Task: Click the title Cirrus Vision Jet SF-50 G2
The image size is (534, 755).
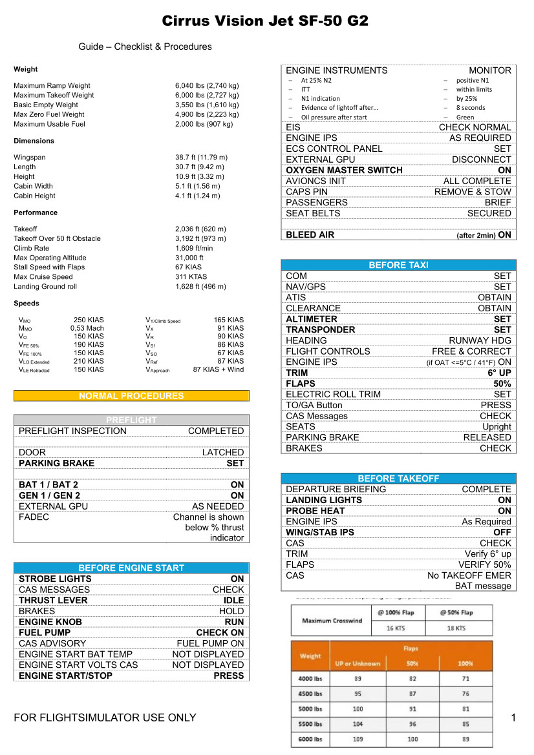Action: pyautogui.click(x=266, y=21)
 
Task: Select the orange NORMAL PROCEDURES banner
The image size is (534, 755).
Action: pyautogui.click(x=131, y=396)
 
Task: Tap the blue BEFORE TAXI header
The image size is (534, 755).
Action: pyautogui.click(x=398, y=265)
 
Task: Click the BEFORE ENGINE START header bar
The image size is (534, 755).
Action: pyautogui.click(x=131, y=568)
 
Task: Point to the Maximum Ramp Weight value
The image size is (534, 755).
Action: pyautogui.click(x=207, y=85)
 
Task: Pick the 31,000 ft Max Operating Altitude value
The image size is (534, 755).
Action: pyautogui.click(x=189, y=258)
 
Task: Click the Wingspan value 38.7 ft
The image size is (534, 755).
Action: pyautogui.click(x=201, y=157)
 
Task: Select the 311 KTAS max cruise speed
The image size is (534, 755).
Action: pyautogui.click(x=191, y=277)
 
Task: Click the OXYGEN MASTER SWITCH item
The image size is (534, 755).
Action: pyautogui.click(x=344, y=171)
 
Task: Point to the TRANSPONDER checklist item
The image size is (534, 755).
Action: pyautogui.click(x=321, y=330)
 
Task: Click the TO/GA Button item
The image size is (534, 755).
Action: pyautogui.click(x=314, y=406)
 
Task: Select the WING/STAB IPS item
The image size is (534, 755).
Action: pyautogui.click(x=320, y=533)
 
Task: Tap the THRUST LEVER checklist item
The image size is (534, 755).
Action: pyautogui.click(x=53, y=601)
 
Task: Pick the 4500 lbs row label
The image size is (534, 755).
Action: pyautogui.click(x=310, y=694)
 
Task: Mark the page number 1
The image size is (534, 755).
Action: pyautogui.click(x=513, y=718)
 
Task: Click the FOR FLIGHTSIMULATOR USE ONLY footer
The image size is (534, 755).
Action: pyautogui.click(x=105, y=718)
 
